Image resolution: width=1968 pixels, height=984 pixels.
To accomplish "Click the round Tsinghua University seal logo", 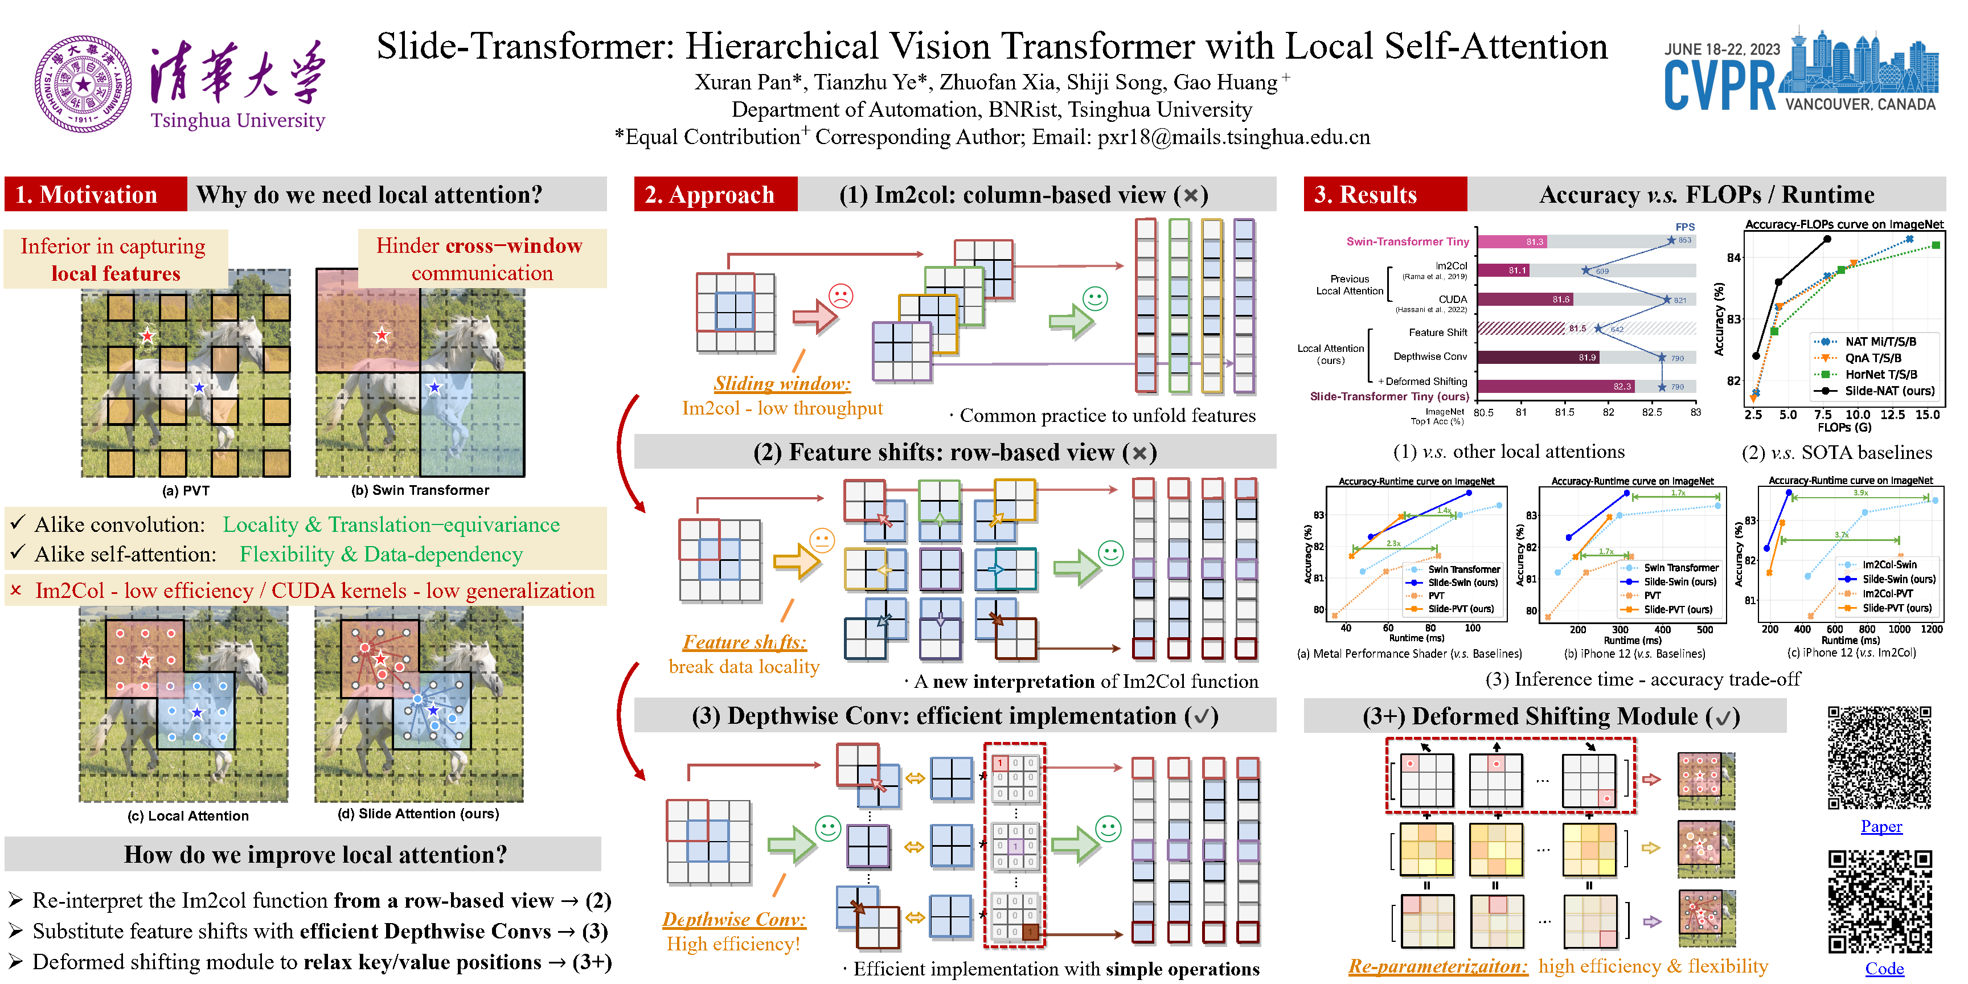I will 83,84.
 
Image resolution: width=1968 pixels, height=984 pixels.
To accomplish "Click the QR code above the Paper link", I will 1879,758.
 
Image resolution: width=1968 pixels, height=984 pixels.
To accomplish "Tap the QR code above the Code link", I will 1879,901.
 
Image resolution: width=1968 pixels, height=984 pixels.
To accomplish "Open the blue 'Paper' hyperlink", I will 1881,827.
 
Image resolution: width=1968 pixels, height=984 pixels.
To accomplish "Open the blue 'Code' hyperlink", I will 1884,969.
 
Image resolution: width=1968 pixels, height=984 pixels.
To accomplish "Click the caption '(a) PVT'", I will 186,490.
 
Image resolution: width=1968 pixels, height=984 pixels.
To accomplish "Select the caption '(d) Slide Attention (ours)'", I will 418,814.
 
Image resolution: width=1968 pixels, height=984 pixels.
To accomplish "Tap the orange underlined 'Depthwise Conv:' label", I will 733,919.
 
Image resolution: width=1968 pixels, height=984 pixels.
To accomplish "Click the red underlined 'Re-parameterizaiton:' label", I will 1437,966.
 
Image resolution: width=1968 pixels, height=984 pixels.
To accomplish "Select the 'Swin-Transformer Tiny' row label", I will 1407,241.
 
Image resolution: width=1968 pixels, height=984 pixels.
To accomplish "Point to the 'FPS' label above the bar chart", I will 1684,227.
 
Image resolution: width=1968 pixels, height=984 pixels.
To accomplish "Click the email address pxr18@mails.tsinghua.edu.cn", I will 1233,137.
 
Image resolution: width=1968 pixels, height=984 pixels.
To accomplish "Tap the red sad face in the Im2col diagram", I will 840,296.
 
